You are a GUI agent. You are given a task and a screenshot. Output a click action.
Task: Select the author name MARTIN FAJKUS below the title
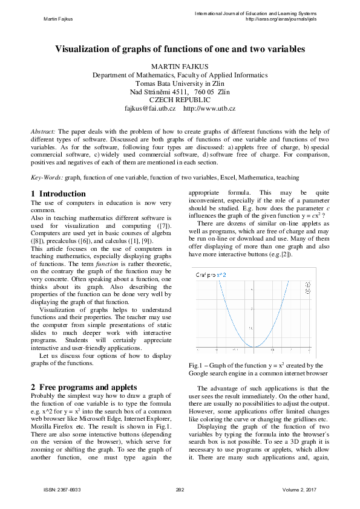(x=180, y=66)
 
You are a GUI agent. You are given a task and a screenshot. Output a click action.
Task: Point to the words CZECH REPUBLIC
(x=180, y=100)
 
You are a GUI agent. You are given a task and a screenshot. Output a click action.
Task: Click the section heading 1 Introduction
(x=58, y=194)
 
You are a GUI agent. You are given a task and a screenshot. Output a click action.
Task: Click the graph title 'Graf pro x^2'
(x=210, y=275)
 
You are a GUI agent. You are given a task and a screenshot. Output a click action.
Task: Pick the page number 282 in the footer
(x=179, y=490)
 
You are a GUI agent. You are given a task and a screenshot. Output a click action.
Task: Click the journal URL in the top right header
(x=281, y=19)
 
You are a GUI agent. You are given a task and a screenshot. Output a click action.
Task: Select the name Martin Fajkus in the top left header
(x=59, y=19)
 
